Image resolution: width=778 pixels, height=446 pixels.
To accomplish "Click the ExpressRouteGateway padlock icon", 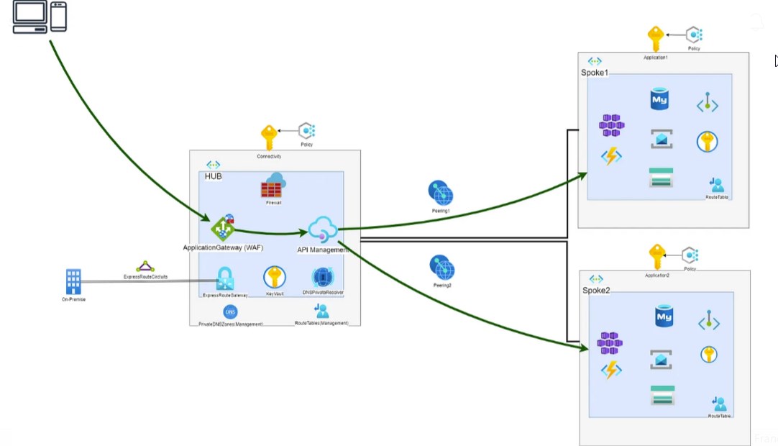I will (225, 279).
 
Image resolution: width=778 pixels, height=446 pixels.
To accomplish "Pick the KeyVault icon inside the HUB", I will (274, 278).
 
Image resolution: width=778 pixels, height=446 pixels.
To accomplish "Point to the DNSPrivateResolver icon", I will (322, 278).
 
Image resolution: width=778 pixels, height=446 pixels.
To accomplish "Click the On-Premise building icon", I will (73, 281).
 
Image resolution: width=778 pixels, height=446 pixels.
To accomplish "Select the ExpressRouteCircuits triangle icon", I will (145, 267).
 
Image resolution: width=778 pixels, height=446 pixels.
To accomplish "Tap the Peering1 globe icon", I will (441, 194).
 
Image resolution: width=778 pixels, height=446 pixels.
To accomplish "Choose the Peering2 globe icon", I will (442, 268).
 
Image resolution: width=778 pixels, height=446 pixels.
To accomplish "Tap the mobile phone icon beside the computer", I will (59, 17).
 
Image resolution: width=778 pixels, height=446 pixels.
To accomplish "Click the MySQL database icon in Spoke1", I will (659, 99).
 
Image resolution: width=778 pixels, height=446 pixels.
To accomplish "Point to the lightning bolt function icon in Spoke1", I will (611, 155).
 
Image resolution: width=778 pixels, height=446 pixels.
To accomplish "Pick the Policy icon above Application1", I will (693, 35).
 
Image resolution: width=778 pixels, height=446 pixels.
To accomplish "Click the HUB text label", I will (213, 176).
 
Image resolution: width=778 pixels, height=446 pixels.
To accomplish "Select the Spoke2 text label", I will (596, 290).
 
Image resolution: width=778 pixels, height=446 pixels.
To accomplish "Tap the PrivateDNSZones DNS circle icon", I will (231, 312).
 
